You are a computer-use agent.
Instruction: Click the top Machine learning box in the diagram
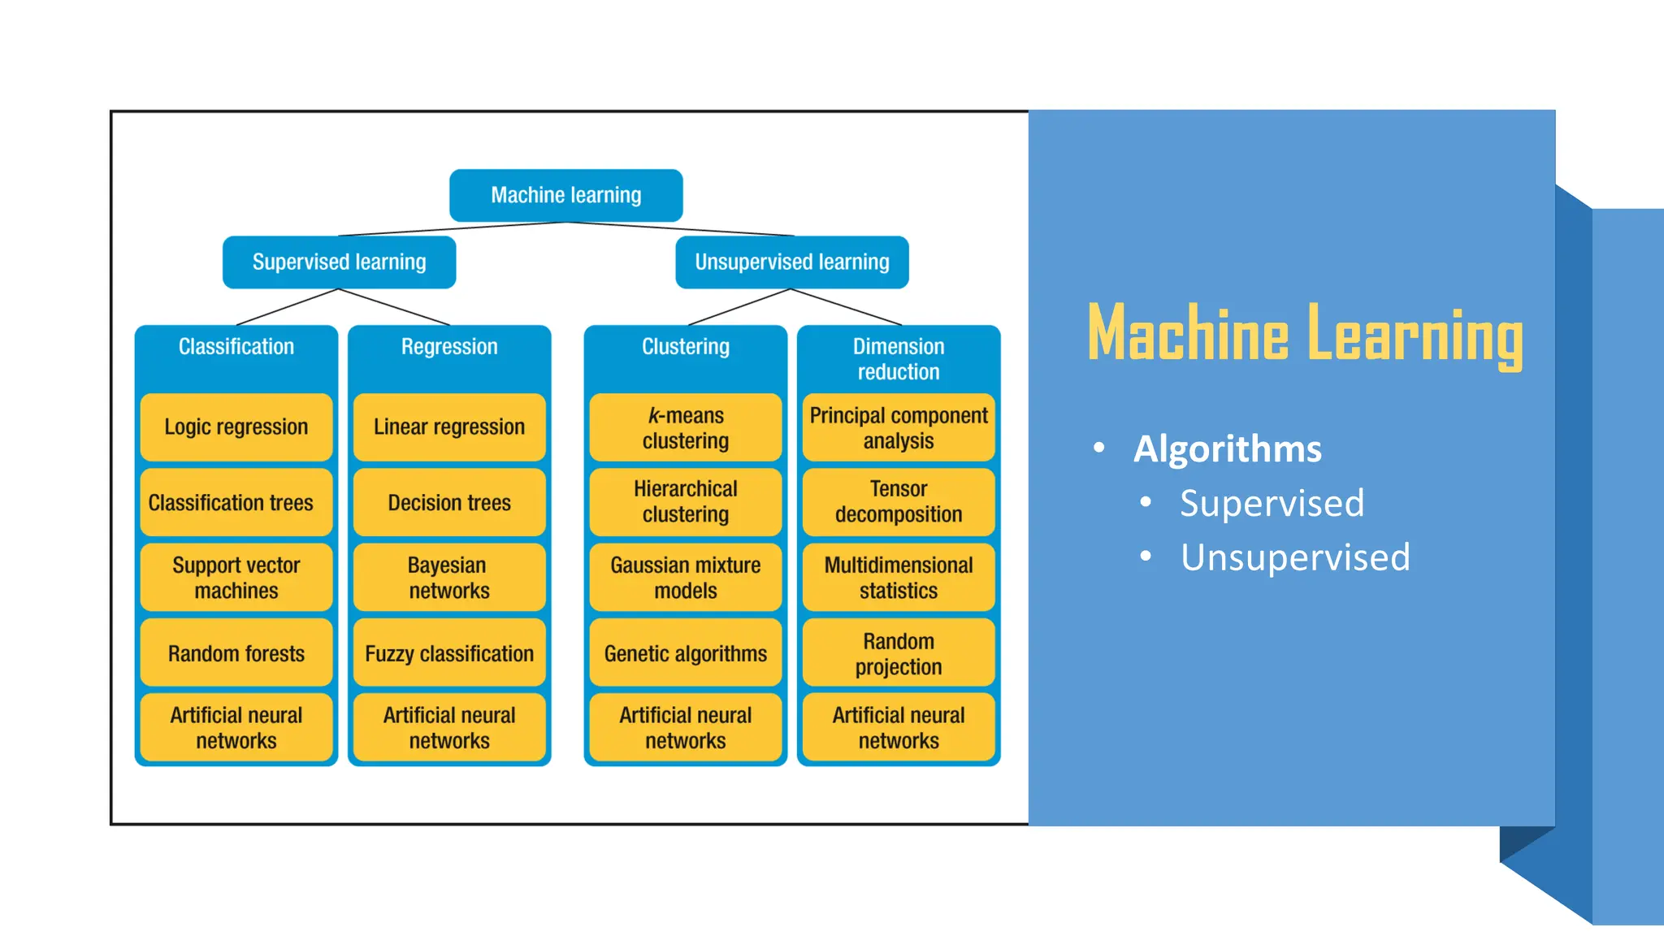pos(565,195)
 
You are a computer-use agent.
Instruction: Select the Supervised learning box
pos(339,262)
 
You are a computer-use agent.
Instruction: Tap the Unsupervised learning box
pos(791,262)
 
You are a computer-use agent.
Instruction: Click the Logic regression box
pos(236,427)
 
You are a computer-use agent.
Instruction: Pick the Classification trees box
pos(236,502)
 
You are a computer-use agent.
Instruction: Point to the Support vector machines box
pos(236,578)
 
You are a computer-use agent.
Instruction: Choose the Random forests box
pos(236,653)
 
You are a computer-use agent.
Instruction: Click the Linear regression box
pos(449,427)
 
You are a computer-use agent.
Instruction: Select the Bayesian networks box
pos(449,578)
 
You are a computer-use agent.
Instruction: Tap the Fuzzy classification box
pos(449,653)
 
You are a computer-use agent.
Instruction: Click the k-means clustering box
pos(685,427)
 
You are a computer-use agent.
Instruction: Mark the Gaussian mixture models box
pos(685,578)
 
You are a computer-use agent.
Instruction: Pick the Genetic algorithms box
pos(685,653)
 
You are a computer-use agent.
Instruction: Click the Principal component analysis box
pos(898,427)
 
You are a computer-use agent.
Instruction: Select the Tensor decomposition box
pos(898,501)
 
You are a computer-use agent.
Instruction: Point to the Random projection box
pos(898,653)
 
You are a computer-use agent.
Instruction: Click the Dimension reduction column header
pos(898,358)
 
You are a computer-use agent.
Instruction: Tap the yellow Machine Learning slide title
pos(1304,333)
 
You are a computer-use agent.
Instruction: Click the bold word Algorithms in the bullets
pos(1227,448)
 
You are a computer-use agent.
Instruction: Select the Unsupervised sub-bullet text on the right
pos(1295,557)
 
